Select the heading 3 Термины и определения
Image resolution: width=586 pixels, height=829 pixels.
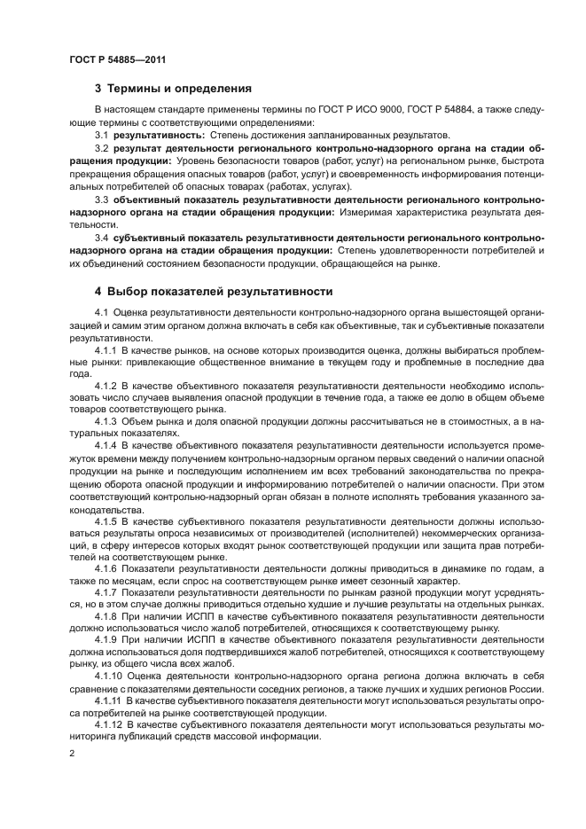click(x=173, y=89)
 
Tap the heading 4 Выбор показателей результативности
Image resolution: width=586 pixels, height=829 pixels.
click(x=214, y=291)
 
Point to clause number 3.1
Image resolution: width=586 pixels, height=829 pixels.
click(x=101, y=135)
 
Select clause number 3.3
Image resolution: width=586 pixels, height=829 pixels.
click(x=101, y=200)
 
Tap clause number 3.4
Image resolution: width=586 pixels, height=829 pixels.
click(x=101, y=239)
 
